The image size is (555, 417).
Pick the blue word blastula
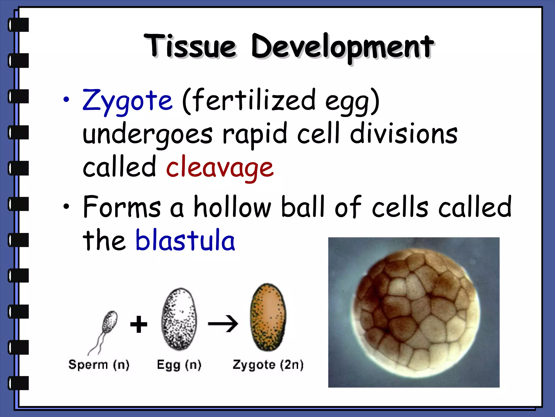pyautogui.click(x=185, y=240)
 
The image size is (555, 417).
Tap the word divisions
pyautogui.click(x=404, y=134)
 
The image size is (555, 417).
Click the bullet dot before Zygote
pyautogui.click(x=66, y=100)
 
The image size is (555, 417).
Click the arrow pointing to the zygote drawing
pyautogui.click(x=223, y=324)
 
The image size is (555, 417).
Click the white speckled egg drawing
pyautogui.click(x=179, y=319)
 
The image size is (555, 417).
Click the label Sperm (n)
pyautogui.click(x=99, y=365)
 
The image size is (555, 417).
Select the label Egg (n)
pyautogui.click(x=179, y=365)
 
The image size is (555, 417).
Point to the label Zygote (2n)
pyautogui.click(x=268, y=365)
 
